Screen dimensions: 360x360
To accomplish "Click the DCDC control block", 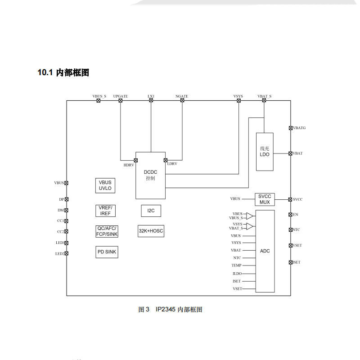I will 150,175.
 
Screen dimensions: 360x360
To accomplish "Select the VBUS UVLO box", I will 105,185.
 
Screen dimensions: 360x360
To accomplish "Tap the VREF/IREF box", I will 105,210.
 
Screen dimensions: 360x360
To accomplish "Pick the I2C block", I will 151,210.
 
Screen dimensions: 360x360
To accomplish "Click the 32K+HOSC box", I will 151,231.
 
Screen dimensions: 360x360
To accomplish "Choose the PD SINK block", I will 107,252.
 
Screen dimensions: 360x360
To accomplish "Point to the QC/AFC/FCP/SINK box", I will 107,231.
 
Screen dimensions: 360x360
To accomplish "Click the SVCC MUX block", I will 265,199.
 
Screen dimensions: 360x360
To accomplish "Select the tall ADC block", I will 265,251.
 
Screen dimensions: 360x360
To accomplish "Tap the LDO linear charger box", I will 265,152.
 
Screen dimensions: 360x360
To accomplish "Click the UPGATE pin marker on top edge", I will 121,101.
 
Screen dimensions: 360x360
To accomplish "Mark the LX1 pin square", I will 151,101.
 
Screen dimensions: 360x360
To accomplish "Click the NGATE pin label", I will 182,96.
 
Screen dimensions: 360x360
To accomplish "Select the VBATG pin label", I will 299,128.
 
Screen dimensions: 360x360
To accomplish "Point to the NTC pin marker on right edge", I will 290,230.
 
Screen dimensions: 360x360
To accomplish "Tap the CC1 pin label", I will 60,221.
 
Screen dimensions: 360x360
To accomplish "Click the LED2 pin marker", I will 67,253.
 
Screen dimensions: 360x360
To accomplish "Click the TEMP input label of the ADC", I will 237,265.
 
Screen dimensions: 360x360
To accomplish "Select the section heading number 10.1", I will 45,72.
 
